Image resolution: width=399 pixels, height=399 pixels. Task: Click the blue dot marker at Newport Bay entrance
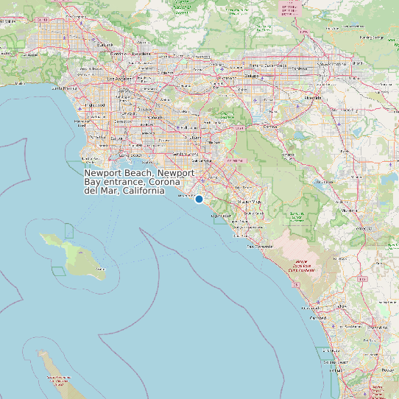click(x=199, y=199)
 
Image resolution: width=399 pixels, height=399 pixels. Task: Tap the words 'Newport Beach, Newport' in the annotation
click(x=139, y=172)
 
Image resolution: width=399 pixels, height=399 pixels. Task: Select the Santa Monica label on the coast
click(x=65, y=88)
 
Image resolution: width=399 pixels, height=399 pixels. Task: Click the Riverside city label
click(x=312, y=97)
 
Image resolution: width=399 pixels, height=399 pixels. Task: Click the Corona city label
click(x=270, y=126)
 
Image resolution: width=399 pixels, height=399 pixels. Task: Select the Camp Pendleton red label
click(x=301, y=266)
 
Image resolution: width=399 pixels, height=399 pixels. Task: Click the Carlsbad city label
click(x=319, y=318)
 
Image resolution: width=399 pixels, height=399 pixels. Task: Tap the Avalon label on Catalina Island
click(x=101, y=269)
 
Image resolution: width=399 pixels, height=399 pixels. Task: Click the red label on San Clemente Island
click(x=58, y=379)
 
